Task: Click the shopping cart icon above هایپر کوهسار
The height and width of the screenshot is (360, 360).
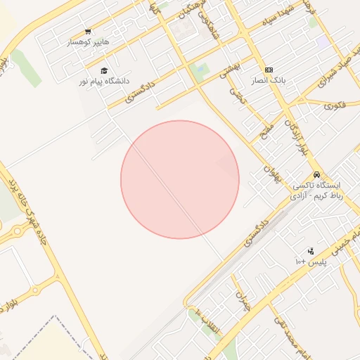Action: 88,32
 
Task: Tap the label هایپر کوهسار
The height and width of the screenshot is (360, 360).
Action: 89,42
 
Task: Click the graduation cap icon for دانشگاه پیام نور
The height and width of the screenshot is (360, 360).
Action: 104,71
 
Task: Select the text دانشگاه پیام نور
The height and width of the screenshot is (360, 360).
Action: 107,82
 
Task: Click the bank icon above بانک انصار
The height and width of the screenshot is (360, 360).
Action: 269,70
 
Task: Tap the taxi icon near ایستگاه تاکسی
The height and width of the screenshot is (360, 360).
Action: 317,174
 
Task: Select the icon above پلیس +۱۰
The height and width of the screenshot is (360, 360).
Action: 310,251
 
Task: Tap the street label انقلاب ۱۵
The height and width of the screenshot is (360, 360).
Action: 208,321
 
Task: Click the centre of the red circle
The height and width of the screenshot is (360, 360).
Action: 180,179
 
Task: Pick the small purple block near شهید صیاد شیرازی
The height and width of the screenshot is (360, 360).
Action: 323,42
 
